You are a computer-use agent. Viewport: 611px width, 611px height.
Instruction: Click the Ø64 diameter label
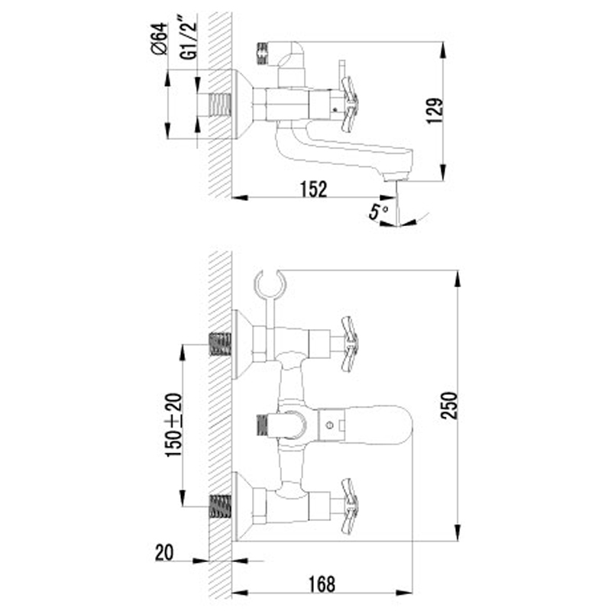[x=159, y=39]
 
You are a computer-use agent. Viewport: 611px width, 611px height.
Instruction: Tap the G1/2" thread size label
[x=189, y=40]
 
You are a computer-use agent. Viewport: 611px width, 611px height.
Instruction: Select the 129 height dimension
[x=435, y=111]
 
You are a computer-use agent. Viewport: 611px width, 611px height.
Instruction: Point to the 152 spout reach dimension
[x=314, y=189]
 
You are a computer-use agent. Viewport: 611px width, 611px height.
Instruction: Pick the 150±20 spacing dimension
[x=174, y=425]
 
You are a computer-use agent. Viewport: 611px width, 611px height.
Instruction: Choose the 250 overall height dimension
[x=449, y=406]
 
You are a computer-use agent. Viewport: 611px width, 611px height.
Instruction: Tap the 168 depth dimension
[x=322, y=584]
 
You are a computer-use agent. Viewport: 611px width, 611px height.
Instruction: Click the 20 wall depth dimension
[x=164, y=552]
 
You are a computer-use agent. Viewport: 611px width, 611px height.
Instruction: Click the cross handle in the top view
[x=349, y=104]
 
